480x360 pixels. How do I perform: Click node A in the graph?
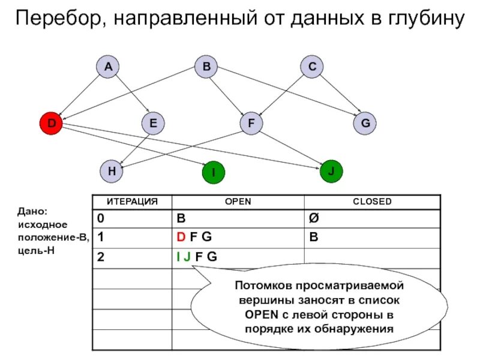click(108, 67)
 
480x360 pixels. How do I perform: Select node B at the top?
click(206, 67)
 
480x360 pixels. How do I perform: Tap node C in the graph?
click(312, 67)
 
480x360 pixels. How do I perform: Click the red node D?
click(51, 124)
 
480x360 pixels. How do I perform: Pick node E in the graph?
click(153, 124)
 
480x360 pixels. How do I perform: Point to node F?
click(251, 124)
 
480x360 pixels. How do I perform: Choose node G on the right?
click(365, 124)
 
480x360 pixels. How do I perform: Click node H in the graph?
click(112, 170)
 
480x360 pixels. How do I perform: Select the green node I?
click(212, 173)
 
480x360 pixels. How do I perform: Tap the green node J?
click(331, 170)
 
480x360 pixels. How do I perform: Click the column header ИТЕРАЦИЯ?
click(132, 202)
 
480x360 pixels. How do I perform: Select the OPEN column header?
click(238, 202)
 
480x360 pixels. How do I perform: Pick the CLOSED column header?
click(372, 202)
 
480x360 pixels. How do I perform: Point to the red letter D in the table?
click(180, 237)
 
